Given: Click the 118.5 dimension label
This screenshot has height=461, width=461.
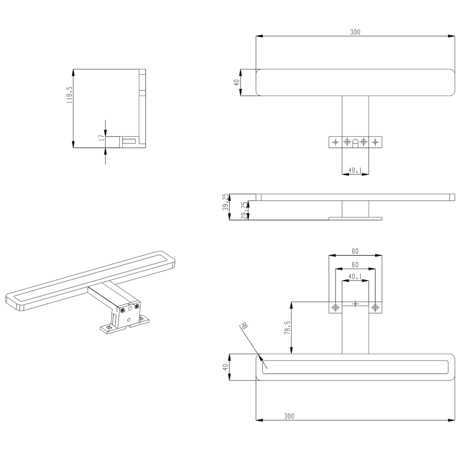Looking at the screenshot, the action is tap(69, 95).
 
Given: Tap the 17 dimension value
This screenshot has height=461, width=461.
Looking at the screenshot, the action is tap(101, 137).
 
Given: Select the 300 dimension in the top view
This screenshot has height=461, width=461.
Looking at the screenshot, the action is tap(355, 32).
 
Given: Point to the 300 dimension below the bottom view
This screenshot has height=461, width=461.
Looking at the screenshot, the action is tap(289, 416).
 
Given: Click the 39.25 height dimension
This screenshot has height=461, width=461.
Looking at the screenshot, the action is tap(225, 202).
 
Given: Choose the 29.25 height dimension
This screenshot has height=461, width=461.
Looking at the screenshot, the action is tap(244, 210).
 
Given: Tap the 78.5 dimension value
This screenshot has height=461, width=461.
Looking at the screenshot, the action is tap(287, 327).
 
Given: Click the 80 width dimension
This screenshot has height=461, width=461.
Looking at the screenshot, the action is tap(355, 252).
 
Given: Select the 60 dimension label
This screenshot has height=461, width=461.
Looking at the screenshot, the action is tap(355, 265).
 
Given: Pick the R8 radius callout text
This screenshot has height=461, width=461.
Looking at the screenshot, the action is tap(244, 325).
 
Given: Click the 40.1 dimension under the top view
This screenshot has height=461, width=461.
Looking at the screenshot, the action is tap(355, 170).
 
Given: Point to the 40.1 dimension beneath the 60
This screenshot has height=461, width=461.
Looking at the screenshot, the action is tap(355, 277).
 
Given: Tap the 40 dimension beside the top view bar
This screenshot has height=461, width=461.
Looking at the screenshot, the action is tap(237, 82).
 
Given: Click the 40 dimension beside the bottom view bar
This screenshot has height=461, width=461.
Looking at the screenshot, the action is tap(225, 367).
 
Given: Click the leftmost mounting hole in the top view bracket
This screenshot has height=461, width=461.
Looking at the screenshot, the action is tap(336, 142).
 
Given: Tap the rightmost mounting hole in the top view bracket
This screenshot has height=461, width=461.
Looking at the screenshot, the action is tap(375, 142).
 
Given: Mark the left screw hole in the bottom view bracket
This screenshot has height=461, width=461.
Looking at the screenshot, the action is tap(336, 307).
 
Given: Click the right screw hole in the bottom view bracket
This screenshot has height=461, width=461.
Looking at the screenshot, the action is tap(375, 307).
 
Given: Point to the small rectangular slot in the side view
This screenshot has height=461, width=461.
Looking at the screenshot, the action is tap(130, 141).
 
